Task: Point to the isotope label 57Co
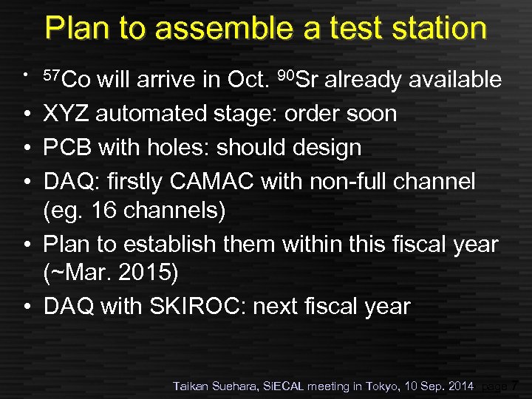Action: tap(66, 79)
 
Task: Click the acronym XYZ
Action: tap(66, 114)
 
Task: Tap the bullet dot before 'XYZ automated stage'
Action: tap(26, 115)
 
